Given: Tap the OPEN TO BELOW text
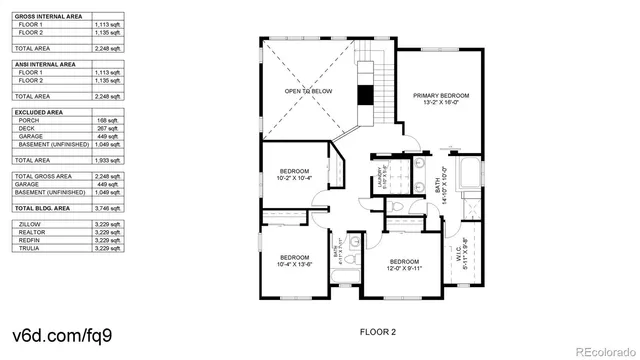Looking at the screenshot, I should click(308, 92).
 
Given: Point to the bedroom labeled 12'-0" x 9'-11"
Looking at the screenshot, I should click(399, 265).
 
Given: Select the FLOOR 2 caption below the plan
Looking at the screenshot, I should click(378, 331).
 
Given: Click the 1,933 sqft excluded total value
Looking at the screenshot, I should click(107, 160).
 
